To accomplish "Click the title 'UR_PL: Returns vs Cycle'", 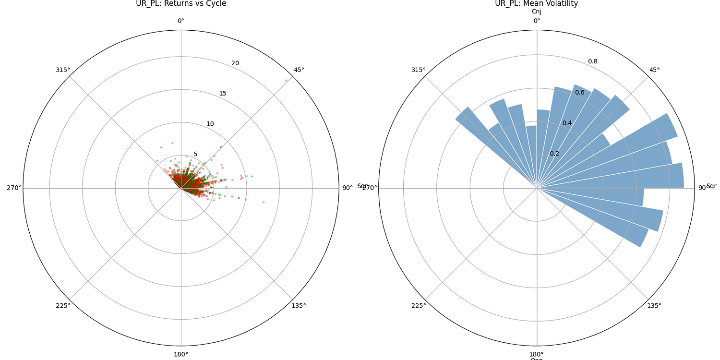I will (181, 4).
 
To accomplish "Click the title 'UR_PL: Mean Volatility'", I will (537, 4).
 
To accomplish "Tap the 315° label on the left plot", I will (63, 70).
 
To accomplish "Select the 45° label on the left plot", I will (299, 70).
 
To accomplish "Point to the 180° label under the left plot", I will (181, 354).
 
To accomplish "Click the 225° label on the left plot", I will (63, 306).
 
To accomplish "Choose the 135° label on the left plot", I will (299, 306).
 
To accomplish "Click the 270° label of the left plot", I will (14, 188).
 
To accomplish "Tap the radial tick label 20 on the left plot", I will (235, 63).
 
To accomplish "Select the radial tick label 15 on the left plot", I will (223, 93).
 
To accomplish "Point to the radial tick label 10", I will (210, 124).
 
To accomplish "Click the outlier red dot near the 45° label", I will (286, 80).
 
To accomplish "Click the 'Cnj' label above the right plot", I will (537, 12).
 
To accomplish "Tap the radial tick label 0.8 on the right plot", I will (593, 61).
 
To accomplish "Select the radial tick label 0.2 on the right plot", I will (554, 154).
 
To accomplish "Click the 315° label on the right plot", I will (419, 70).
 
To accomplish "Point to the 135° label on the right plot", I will (654, 306).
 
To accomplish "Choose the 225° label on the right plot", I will (419, 306).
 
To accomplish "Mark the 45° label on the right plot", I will (654, 70).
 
